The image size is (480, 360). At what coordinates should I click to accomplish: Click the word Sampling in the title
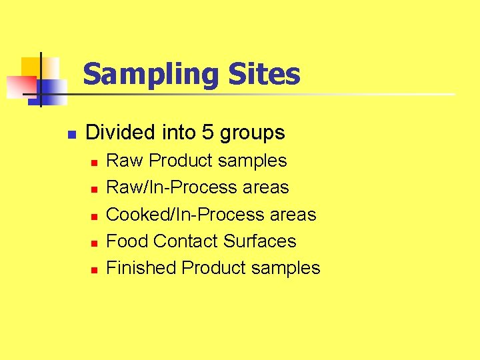point(151,75)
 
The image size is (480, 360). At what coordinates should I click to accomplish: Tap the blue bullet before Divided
point(72,133)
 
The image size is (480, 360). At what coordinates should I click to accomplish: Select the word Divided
point(121,133)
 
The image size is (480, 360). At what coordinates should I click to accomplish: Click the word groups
point(252,134)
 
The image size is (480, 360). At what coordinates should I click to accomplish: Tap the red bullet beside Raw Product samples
point(94,162)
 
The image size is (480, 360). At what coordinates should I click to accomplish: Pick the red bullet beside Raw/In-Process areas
point(94,189)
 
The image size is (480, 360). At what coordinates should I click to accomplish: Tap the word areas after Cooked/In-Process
point(293,215)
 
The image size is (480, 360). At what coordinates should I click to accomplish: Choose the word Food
point(127,241)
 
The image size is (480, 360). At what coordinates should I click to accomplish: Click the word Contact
point(186,241)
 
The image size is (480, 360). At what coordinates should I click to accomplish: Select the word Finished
point(141,267)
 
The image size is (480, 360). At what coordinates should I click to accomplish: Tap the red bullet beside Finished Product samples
point(94,270)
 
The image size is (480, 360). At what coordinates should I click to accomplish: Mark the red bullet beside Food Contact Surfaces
point(94,243)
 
